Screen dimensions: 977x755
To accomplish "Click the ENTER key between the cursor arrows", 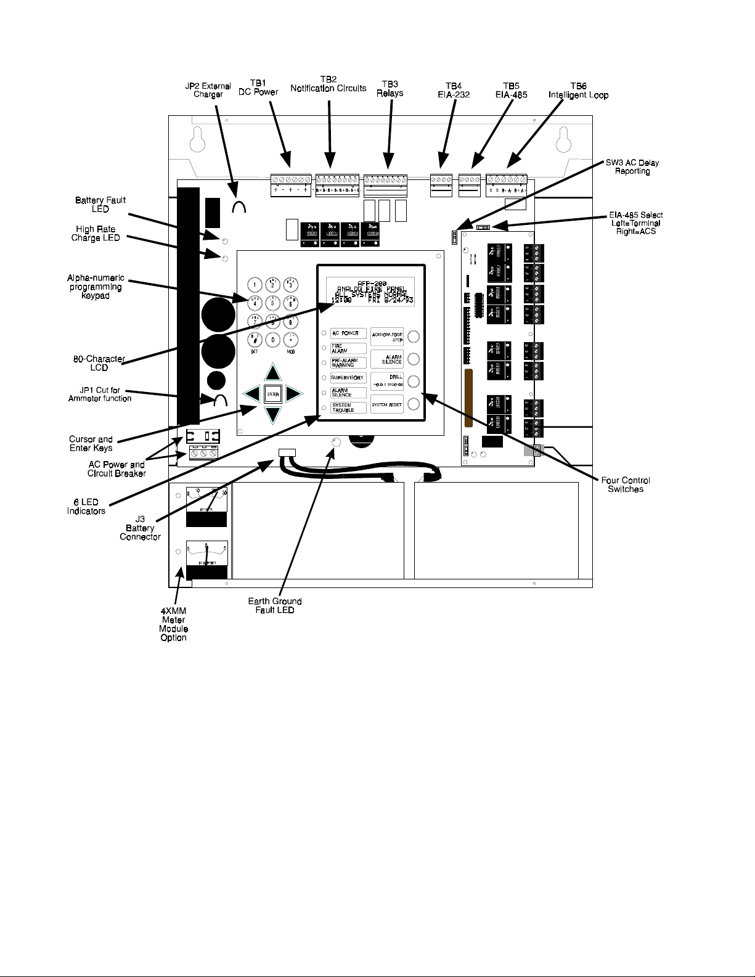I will click(x=273, y=394).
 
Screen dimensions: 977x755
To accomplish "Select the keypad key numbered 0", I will click(x=272, y=339).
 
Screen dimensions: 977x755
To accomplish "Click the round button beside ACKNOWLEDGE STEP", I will click(x=414, y=335).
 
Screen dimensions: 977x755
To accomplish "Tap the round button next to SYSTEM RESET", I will click(x=414, y=404).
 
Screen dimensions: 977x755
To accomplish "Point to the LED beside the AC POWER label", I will click(x=324, y=333).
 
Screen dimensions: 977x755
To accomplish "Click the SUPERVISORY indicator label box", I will click(x=348, y=377).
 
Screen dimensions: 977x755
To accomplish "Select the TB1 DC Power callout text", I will click(x=258, y=88).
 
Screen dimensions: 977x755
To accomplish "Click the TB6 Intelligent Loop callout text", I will click(x=578, y=91).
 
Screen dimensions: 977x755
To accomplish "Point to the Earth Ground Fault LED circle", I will click(x=336, y=443).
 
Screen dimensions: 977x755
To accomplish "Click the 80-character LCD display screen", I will click(x=370, y=292).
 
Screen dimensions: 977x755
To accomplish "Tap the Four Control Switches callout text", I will click(x=626, y=484).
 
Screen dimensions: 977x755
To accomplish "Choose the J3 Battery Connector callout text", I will click(x=141, y=528).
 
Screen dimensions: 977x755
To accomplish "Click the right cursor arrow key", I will click(x=294, y=394).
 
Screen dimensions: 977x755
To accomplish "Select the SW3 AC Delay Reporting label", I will click(x=632, y=167).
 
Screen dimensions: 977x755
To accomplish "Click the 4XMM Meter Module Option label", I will click(x=174, y=624).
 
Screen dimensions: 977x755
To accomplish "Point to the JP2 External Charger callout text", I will click(x=208, y=91).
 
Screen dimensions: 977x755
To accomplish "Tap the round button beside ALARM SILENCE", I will click(x=414, y=359).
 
